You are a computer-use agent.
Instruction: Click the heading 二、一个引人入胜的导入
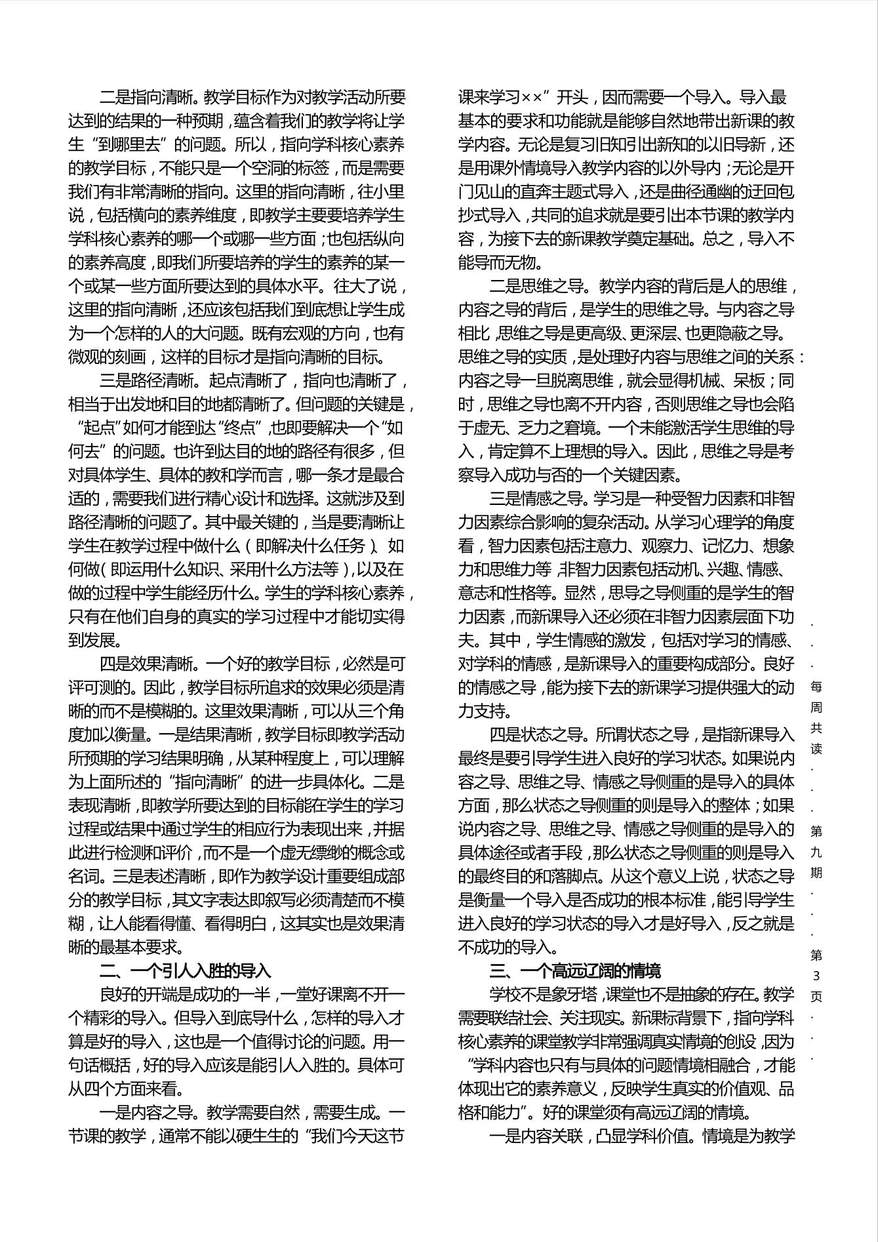(185, 971)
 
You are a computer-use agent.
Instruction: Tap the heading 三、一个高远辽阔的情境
(575, 971)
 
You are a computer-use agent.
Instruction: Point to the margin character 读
(816, 748)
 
